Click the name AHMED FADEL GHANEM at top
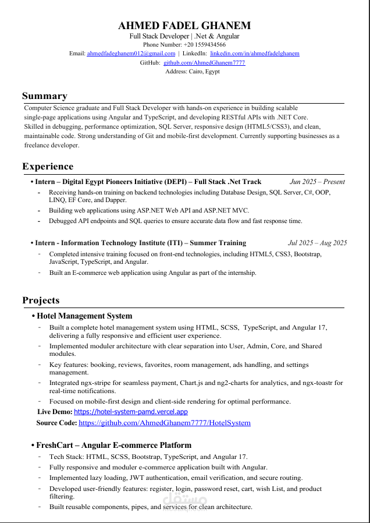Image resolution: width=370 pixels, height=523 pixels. coord(184,26)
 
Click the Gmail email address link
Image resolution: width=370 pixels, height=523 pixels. coord(131,54)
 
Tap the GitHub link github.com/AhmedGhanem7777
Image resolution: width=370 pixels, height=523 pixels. coord(204,62)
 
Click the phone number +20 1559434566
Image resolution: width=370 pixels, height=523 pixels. coord(205,44)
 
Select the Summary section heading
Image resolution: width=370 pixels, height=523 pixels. coord(45,96)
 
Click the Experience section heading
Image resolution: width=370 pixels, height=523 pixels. coord(48,167)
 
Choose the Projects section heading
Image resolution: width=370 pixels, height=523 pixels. coord(41,301)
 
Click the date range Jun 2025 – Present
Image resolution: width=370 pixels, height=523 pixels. coord(317,182)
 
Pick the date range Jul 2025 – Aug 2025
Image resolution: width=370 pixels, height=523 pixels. coord(317,243)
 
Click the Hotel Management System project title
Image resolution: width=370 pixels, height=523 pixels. coord(84,316)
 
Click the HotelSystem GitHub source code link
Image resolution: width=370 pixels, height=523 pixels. coord(165,423)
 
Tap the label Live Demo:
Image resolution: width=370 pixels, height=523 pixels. coord(55,412)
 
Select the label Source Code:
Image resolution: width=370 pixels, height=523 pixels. coord(56,423)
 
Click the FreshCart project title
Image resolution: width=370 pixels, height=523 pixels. coord(114,445)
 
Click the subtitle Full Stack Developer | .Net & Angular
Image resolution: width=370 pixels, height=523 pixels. coord(184,36)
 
